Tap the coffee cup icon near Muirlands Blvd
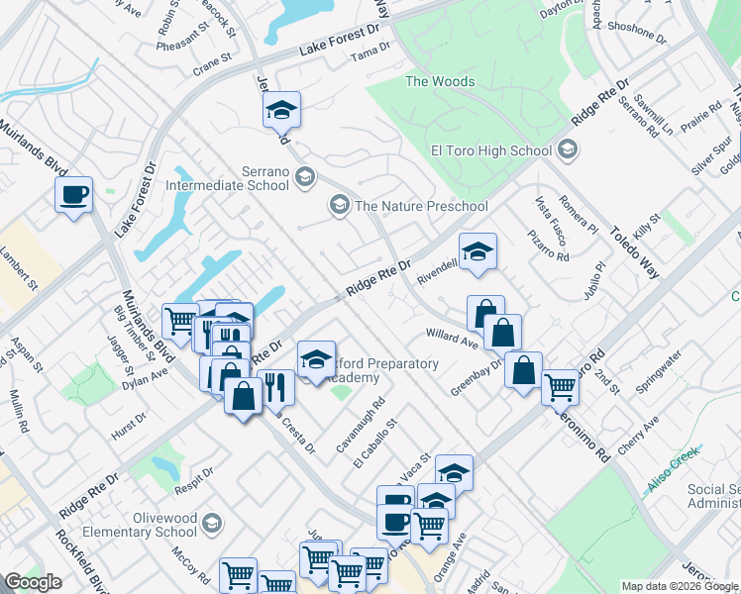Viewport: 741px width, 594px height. tap(74, 194)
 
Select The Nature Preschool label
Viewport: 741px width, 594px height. tap(421, 206)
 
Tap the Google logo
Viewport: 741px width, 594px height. tap(33, 582)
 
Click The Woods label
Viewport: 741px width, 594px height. tap(440, 81)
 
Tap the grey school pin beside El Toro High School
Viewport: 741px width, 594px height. tap(567, 150)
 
